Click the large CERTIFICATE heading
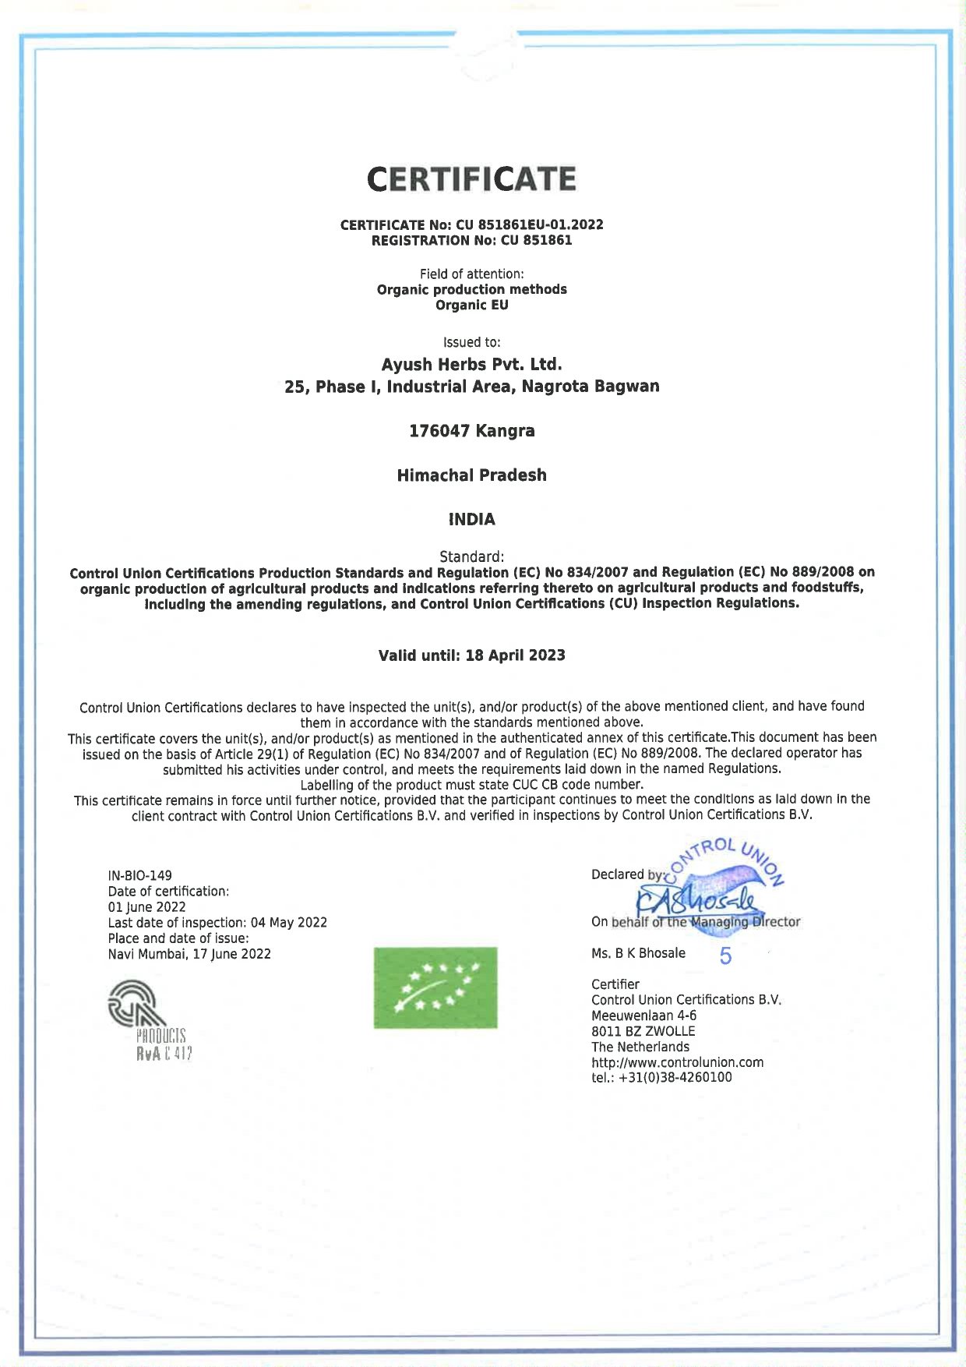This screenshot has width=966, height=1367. (471, 179)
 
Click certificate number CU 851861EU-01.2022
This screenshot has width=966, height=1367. (530, 224)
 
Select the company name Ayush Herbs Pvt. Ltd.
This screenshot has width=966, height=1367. (471, 364)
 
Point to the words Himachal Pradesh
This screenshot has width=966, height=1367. (471, 475)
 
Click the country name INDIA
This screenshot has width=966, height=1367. (471, 519)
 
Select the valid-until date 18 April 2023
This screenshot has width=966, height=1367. (515, 655)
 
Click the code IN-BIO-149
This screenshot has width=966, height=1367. (140, 875)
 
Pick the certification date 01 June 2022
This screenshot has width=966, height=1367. (146, 906)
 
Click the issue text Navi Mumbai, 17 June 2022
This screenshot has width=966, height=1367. (189, 954)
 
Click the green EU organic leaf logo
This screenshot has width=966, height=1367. (435, 987)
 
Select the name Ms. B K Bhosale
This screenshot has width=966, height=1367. (638, 953)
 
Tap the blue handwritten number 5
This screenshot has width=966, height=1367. (725, 956)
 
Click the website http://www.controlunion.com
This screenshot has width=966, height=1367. (677, 1062)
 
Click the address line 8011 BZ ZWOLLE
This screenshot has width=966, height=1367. (643, 1031)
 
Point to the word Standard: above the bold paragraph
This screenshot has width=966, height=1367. (471, 556)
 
